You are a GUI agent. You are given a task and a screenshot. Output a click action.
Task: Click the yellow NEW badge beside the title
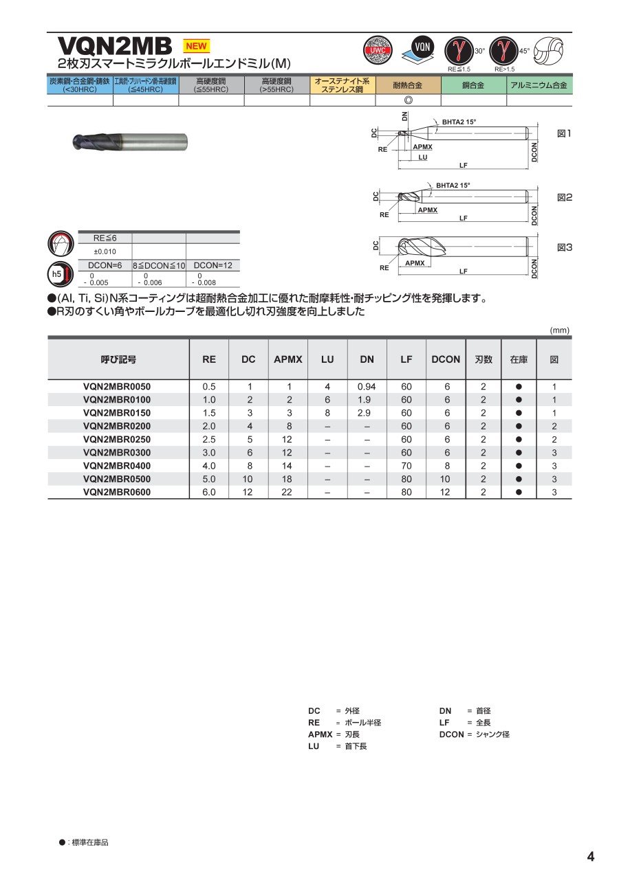point(196,46)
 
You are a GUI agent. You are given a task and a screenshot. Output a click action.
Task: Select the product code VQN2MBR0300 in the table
point(116,453)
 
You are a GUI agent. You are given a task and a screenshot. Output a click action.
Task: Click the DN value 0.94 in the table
point(367,387)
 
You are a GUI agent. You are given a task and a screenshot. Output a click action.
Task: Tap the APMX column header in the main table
point(288,359)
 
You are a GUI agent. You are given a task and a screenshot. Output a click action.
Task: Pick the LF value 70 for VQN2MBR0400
point(406,466)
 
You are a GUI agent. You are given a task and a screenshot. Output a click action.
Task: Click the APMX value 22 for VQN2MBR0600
point(287,493)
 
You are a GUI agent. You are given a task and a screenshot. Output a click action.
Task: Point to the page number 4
point(590,856)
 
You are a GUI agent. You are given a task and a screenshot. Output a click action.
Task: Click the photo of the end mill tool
point(130,143)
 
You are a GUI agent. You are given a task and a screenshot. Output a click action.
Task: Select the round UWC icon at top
point(378,50)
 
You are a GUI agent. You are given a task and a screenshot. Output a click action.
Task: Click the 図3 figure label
point(564,247)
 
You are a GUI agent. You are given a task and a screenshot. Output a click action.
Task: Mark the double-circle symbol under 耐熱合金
point(408,100)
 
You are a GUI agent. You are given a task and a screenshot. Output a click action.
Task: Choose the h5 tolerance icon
point(57,275)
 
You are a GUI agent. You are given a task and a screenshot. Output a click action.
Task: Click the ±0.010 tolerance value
point(105,251)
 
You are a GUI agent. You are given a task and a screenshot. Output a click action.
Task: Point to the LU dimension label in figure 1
point(422,157)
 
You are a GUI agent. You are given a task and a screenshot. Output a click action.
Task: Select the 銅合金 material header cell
point(473,85)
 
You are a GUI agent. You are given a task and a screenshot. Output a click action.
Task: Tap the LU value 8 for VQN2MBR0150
point(327,413)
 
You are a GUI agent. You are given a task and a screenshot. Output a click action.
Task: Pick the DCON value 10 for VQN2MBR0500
point(446,479)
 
